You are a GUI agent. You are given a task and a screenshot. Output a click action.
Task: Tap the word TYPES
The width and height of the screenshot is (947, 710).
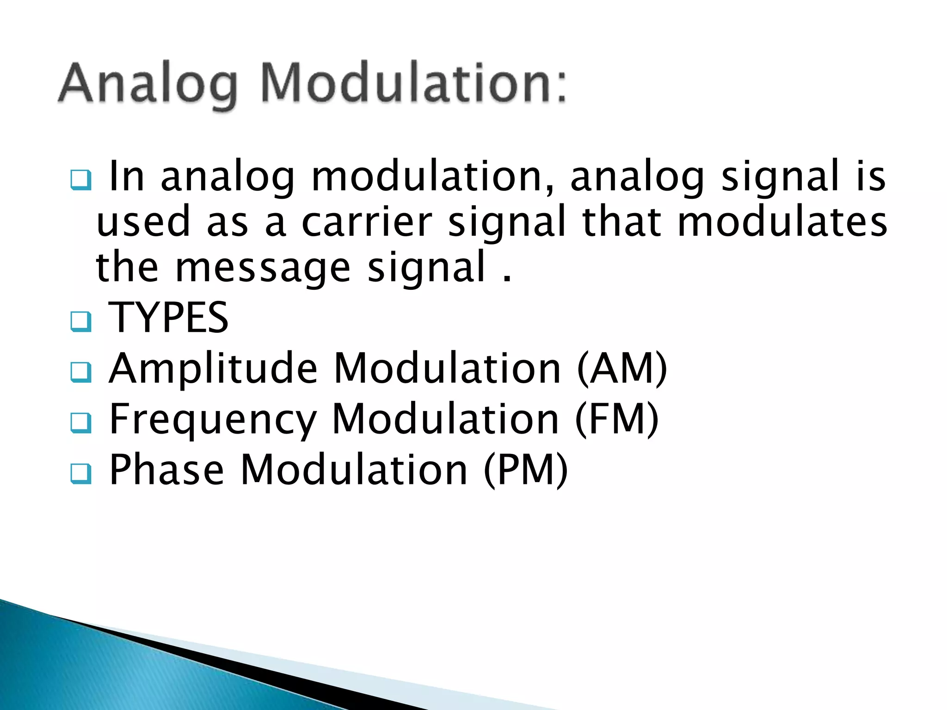click(168, 318)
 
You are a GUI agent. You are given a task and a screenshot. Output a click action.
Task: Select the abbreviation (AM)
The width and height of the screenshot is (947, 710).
click(622, 368)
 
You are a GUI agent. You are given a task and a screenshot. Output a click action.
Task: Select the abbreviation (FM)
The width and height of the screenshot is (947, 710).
click(617, 419)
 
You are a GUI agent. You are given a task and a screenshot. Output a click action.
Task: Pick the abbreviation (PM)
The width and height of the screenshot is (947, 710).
click(526, 470)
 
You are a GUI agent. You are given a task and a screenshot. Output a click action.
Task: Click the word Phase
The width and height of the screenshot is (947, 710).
click(166, 470)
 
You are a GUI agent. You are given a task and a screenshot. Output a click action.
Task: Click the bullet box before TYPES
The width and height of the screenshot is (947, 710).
click(81, 322)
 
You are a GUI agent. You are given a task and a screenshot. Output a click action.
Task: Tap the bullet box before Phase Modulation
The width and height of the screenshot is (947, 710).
click(81, 474)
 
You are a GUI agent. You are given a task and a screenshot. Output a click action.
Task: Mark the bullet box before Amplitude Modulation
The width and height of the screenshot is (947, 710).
click(81, 373)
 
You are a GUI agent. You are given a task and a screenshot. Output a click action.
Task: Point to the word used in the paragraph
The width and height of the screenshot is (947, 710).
click(143, 222)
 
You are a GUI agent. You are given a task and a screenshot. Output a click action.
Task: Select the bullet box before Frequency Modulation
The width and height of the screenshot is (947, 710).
click(81, 423)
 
